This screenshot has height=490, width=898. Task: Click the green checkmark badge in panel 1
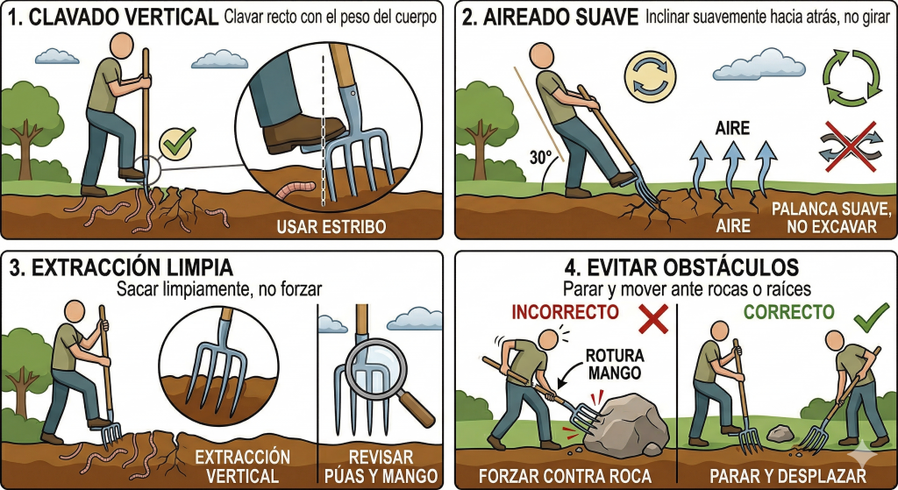tap(177, 143)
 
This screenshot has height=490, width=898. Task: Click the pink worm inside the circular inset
tap(296, 190)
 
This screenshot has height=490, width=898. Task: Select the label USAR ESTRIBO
tap(331, 227)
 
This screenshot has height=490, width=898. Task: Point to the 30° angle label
tap(540, 157)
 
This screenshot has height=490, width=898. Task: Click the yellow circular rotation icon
tap(650, 77)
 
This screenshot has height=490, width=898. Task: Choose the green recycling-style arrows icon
tap(852, 78)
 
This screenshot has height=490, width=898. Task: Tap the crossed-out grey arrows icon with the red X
tap(851, 146)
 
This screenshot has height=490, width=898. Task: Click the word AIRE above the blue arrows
tap(732, 128)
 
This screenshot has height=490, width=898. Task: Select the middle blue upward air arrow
tap(732, 166)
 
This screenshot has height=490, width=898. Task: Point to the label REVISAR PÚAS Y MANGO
tap(381, 466)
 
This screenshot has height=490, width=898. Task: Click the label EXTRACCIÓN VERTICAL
tap(242, 466)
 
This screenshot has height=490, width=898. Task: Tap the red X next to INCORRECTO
tap(652, 318)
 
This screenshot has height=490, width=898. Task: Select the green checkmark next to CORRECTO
tap(871, 318)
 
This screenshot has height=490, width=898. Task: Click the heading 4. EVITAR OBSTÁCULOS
tap(681, 267)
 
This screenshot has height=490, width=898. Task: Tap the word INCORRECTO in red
tap(566, 312)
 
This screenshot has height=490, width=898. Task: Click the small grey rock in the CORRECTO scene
tap(780, 433)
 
